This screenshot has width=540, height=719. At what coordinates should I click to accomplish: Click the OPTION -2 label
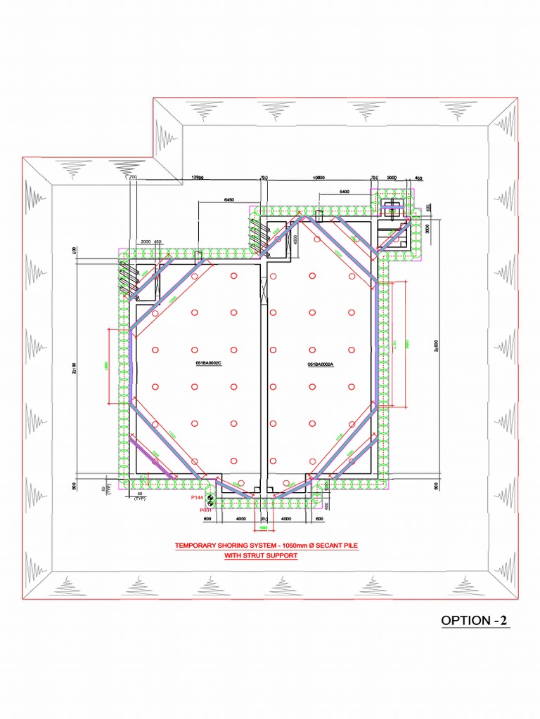point(474,621)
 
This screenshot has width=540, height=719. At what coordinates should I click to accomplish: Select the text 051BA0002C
point(209,363)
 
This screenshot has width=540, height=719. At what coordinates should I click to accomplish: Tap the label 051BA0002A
point(321,364)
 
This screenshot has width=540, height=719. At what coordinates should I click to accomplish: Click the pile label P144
point(198,497)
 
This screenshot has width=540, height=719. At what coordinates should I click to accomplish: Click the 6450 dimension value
point(229,200)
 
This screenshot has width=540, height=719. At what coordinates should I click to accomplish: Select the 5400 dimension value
point(344,191)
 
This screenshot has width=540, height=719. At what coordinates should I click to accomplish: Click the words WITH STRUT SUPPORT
point(260,555)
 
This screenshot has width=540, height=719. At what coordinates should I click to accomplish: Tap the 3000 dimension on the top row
point(392,178)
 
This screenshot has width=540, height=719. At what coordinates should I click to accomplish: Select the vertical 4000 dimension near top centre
point(296,239)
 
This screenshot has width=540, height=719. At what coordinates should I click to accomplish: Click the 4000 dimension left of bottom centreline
point(240,519)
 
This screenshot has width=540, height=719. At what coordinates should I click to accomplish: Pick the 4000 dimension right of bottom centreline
point(286,519)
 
